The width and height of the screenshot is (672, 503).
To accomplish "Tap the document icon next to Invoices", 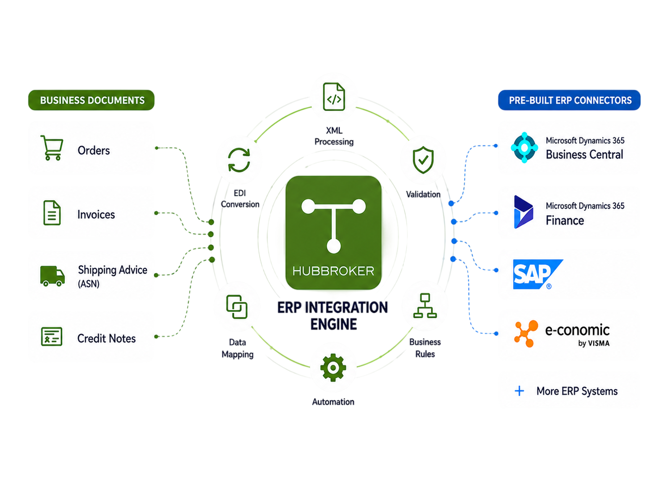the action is click(x=52, y=213).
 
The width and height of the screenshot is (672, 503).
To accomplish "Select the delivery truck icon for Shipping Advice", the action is click(x=52, y=276).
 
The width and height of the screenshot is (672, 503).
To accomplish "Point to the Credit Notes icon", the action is click(x=51, y=337).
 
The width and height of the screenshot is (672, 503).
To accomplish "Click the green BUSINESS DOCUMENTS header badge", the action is click(x=91, y=100).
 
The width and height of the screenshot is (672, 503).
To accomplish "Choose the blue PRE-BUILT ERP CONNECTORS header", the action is click(x=569, y=100).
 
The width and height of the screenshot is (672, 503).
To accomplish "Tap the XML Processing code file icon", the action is click(x=334, y=97).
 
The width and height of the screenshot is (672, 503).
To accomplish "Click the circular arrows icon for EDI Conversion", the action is click(x=239, y=160).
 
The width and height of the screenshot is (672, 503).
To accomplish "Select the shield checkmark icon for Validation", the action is click(x=423, y=160).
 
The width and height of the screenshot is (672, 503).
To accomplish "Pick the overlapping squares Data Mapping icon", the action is click(x=237, y=307).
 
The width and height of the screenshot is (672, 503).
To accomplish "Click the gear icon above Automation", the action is click(x=333, y=368).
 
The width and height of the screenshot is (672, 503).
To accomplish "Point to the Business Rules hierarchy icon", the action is click(x=425, y=306).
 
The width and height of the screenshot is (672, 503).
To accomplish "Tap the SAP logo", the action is click(x=538, y=274).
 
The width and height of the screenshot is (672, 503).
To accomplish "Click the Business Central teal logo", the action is click(x=524, y=147).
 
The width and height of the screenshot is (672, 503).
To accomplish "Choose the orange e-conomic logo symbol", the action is click(x=526, y=334).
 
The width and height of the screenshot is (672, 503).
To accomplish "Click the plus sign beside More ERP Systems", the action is click(x=519, y=391).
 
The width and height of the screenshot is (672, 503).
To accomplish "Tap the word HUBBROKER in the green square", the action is click(x=333, y=271).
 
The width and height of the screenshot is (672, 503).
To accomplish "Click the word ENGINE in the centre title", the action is click(x=334, y=324).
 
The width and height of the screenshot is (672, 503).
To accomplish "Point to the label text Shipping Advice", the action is click(x=113, y=270).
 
